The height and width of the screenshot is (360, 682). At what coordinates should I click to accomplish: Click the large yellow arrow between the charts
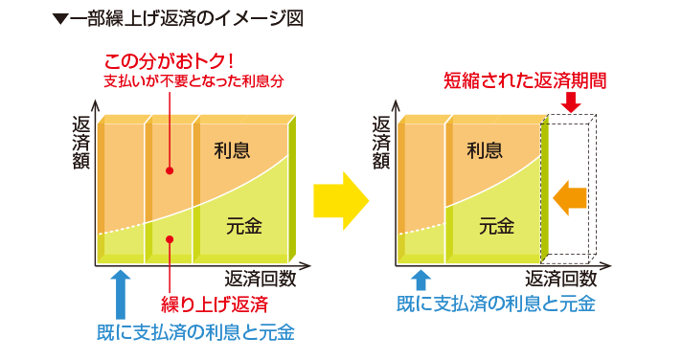[x=341, y=201]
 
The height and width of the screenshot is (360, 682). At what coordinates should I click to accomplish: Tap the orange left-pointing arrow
[x=570, y=198]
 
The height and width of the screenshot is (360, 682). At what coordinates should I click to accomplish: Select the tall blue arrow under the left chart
[x=121, y=295]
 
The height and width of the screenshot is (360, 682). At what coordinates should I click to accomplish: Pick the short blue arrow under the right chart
[x=421, y=281]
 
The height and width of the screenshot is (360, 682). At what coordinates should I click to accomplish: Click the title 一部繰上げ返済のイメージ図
[x=178, y=19]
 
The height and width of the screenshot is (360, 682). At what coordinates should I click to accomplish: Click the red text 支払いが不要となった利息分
[x=193, y=80]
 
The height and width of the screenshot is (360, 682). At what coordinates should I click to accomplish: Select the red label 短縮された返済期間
[x=525, y=80]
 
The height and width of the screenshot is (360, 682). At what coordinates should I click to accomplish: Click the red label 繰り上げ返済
[x=215, y=304]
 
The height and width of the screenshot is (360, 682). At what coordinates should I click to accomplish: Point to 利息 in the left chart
[x=232, y=150]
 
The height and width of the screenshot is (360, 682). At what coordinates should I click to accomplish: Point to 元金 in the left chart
[x=244, y=226]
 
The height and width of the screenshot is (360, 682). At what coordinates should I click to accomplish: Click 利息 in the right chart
[x=485, y=150]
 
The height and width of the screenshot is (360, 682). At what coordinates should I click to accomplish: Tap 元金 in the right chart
[x=497, y=226]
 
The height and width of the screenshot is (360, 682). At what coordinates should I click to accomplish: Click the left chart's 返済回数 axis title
[x=261, y=279]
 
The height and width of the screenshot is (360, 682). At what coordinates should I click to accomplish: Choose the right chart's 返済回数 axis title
[x=561, y=279]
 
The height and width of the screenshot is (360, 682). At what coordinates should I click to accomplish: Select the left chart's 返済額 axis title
[x=80, y=143]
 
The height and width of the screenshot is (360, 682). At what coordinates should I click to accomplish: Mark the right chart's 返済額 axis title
[x=381, y=143]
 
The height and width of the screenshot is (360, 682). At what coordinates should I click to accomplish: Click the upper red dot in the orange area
[x=170, y=170]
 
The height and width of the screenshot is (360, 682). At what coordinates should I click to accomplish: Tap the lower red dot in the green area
[x=170, y=239]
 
